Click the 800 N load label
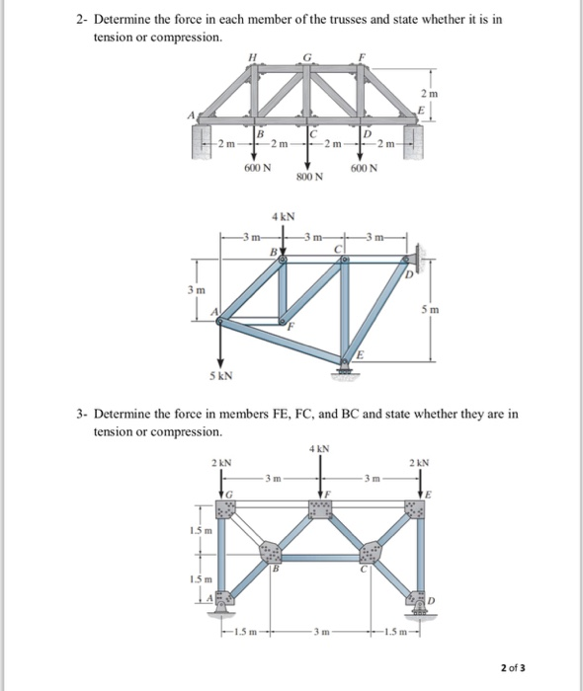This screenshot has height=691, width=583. click(310, 178)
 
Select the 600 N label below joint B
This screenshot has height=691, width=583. click(258, 169)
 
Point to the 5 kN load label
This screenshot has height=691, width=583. click(221, 376)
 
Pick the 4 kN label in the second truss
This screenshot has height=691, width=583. click(280, 215)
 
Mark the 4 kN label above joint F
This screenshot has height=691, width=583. click(319, 450)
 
